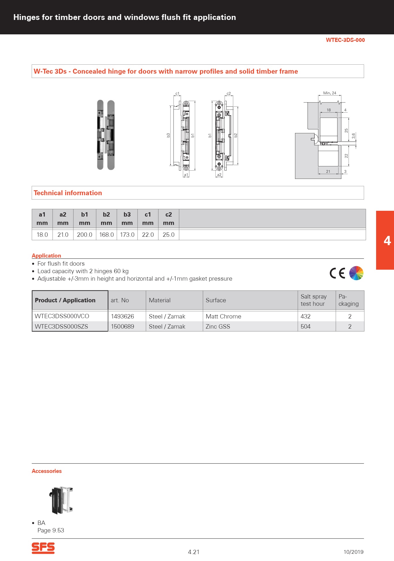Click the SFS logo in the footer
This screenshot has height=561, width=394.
[x=43, y=548]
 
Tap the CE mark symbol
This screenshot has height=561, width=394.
[x=337, y=273]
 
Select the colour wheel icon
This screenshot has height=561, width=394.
[x=356, y=273]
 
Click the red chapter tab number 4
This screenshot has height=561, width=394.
[x=387, y=240]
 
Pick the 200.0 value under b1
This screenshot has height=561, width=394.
[x=85, y=235]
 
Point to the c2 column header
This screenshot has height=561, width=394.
[x=169, y=219]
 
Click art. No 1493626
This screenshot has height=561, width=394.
[x=122, y=316]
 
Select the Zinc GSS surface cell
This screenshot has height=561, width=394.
[x=218, y=327]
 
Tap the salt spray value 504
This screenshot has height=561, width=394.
[x=305, y=327]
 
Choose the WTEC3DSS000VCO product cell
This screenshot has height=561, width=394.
[x=62, y=316]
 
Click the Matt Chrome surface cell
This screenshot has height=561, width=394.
[x=223, y=316]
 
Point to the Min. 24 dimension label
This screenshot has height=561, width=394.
[x=330, y=93]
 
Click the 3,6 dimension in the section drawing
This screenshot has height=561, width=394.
[x=354, y=135]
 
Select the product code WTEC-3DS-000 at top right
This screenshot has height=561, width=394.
[x=345, y=40]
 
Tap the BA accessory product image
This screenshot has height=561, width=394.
[x=61, y=500]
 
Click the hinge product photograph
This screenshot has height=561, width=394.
[x=106, y=135]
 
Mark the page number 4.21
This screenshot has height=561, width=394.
[x=194, y=552]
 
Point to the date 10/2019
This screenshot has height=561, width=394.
[x=353, y=552]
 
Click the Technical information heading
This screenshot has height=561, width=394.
[x=68, y=193]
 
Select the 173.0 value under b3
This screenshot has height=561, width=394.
[x=127, y=235]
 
